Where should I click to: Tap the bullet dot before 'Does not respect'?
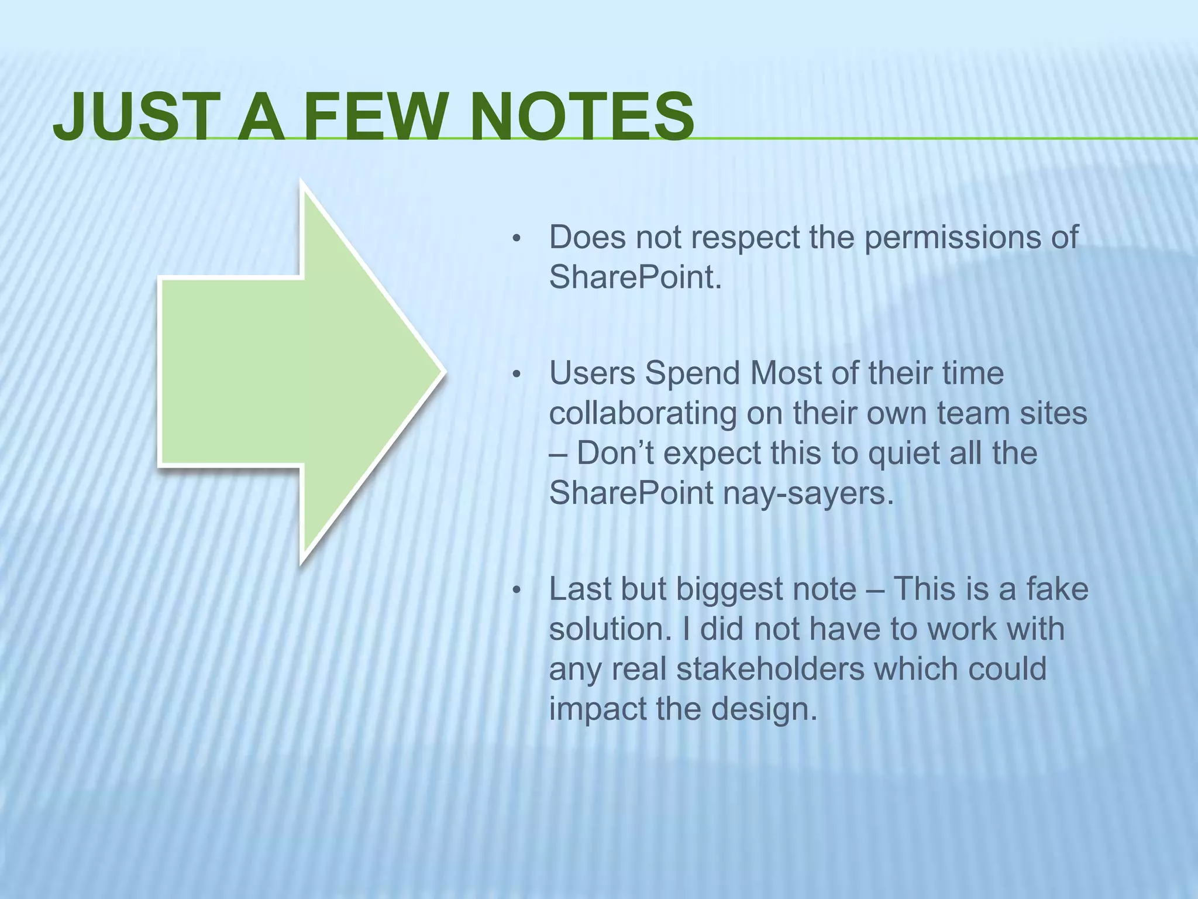click(516, 239)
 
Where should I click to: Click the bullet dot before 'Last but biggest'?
click(516, 590)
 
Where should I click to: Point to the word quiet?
click(903, 453)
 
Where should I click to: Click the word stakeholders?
click(770, 668)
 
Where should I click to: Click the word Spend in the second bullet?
click(693, 373)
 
